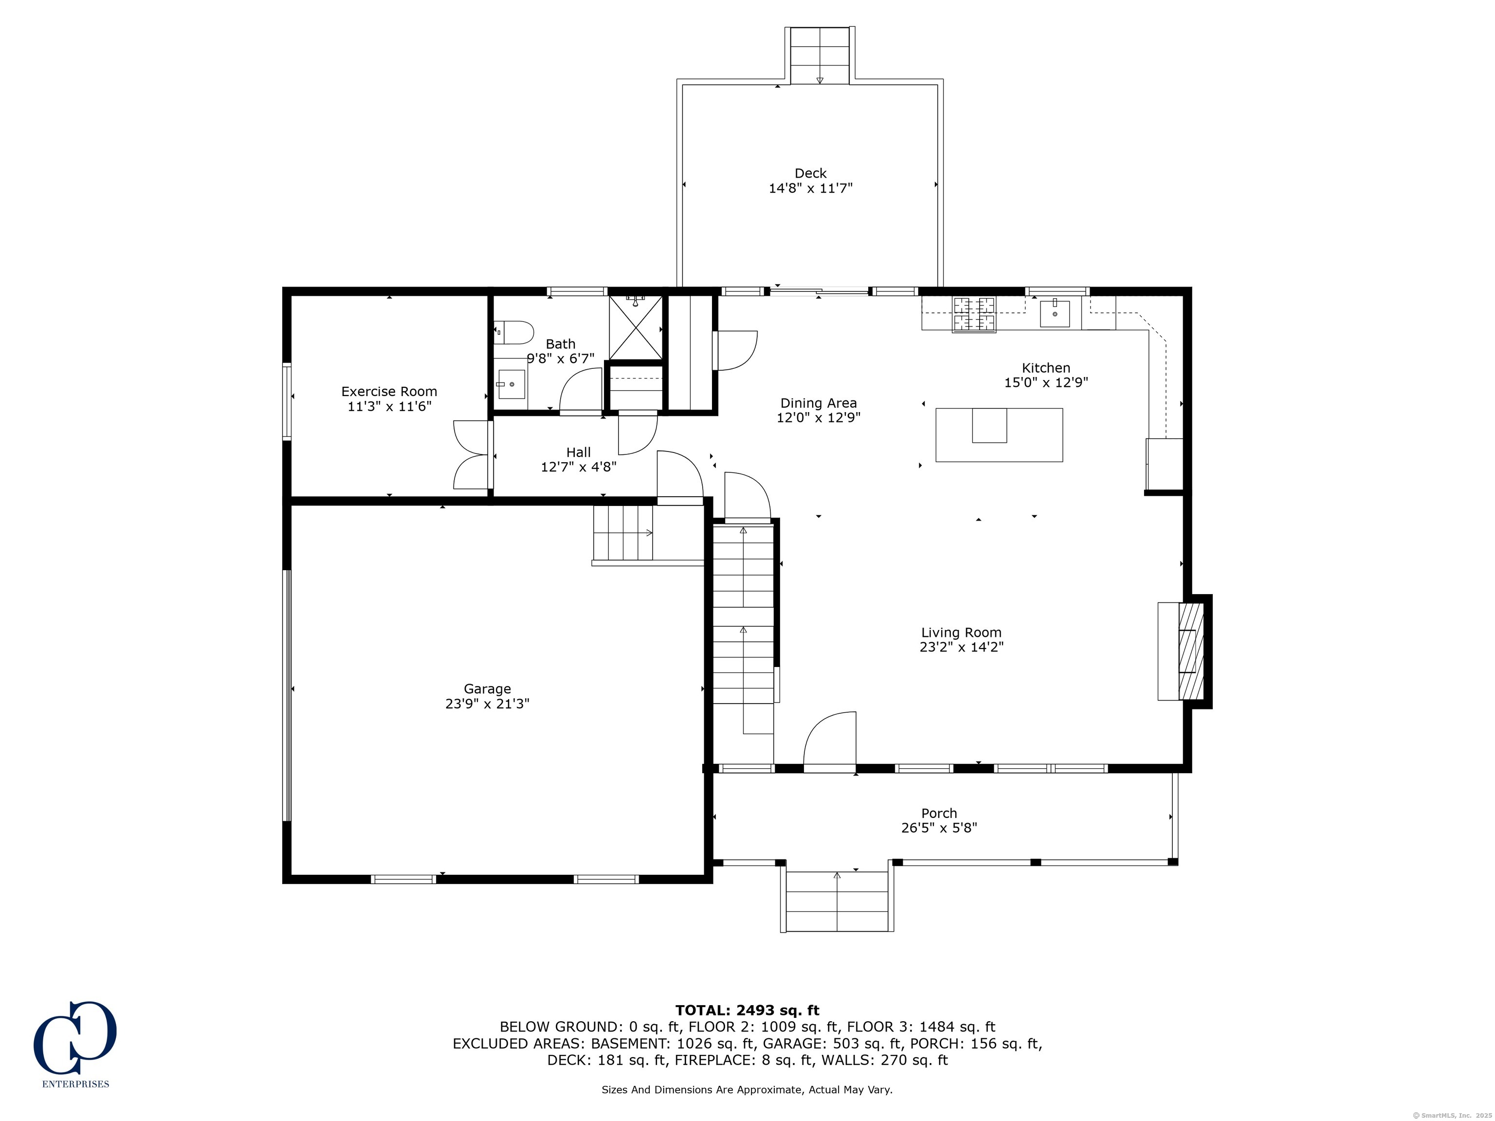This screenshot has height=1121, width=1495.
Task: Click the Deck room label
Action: [x=810, y=174]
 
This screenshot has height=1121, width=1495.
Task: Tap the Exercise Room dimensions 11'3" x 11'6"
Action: [x=389, y=406]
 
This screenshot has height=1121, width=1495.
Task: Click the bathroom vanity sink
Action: [x=511, y=384]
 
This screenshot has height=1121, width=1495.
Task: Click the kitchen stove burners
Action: [x=974, y=315]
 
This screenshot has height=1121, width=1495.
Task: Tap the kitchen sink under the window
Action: [x=1055, y=313]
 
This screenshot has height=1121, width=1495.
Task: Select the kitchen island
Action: [x=999, y=434]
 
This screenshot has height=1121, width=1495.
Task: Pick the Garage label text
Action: [x=487, y=688]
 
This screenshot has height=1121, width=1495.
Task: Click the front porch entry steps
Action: [x=838, y=902]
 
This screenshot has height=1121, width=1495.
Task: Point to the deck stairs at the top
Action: [x=820, y=55]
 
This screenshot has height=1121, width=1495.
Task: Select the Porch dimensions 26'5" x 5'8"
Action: [x=939, y=828]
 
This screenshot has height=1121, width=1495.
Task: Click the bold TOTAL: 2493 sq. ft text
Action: [x=747, y=1010]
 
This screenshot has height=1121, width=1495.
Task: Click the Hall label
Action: [x=579, y=452]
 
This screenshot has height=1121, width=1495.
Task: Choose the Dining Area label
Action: [x=819, y=403]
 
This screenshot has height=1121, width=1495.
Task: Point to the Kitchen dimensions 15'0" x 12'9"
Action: [x=1046, y=382]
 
